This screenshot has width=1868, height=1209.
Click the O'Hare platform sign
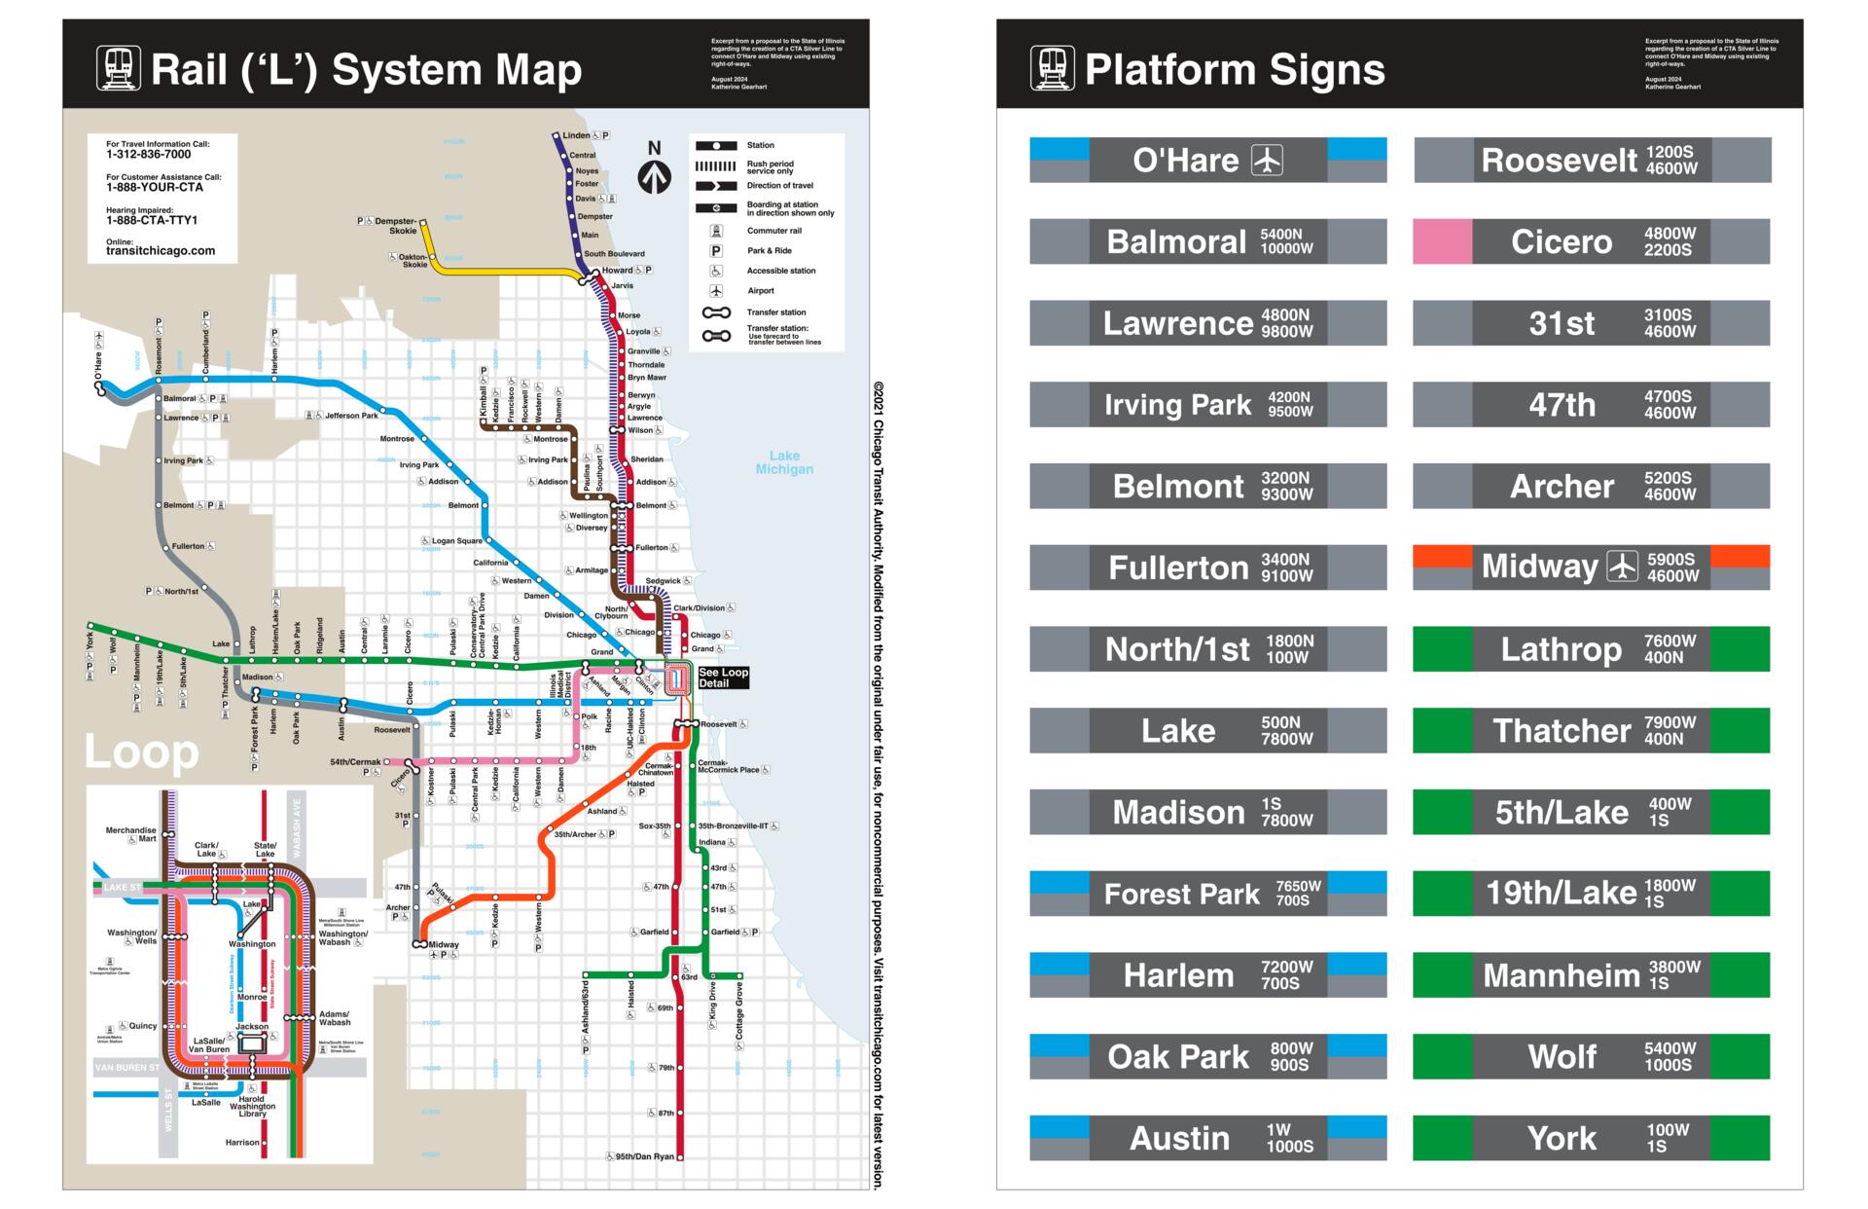[1207, 160]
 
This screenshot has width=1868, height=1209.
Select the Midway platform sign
[1591, 567]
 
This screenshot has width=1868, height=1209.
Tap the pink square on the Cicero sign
[1442, 241]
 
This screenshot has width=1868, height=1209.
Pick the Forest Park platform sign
[1207, 894]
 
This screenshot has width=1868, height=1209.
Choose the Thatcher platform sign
[1591, 730]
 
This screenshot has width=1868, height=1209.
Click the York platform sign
[1591, 1138]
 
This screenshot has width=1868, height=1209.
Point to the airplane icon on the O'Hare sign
[1267, 160]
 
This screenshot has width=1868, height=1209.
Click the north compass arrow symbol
[654, 176]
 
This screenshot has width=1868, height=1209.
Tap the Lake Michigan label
[784, 462]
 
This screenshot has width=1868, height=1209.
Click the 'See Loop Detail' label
[723, 678]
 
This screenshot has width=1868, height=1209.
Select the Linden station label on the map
[576, 135]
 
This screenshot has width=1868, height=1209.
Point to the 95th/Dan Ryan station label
[644, 1156]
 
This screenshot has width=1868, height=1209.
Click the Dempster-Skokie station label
[396, 226]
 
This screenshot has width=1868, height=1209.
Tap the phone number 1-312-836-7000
[149, 155]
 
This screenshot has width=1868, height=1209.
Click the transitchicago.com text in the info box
[161, 251]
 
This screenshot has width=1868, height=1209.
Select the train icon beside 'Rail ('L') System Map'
[119, 69]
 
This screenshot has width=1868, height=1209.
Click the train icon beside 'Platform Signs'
[1053, 69]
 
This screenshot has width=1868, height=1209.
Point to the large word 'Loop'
[142, 751]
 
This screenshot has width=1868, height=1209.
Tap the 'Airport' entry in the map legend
[760, 291]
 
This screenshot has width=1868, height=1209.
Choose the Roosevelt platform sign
[1591, 160]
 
